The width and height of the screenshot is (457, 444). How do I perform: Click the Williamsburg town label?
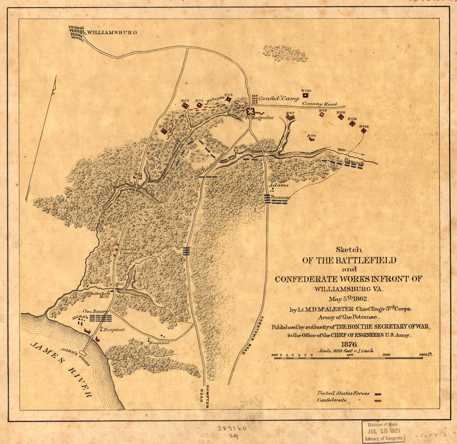[111, 32]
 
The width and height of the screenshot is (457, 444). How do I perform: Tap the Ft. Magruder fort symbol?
[250, 111]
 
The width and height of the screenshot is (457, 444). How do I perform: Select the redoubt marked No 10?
[306, 95]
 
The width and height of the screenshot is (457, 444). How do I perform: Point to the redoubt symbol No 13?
[364, 131]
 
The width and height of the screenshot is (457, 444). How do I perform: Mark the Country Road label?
[320, 104]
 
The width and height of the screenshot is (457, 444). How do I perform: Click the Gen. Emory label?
[95, 311]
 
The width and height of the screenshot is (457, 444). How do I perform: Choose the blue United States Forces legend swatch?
[378, 393]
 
